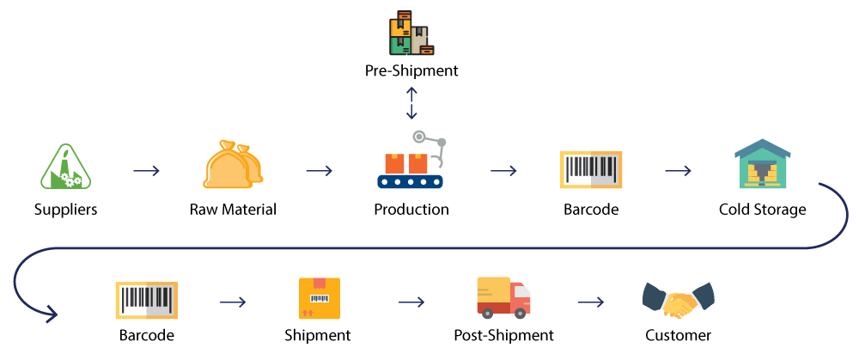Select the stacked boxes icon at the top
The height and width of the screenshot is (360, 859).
(x=411, y=34)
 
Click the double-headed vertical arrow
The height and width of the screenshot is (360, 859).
(x=411, y=103)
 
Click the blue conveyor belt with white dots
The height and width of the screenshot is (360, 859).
(x=410, y=181)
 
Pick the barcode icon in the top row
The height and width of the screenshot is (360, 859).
(x=591, y=169)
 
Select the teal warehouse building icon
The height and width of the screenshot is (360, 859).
(x=762, y=165)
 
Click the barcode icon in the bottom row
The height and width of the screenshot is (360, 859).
(x=146, y=300)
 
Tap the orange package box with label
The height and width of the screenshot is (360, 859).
(x=320, y=298)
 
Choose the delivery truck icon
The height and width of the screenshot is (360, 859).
(x=503, y=297)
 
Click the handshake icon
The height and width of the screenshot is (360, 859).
(x=679, y=300)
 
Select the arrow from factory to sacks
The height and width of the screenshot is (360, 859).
(x=147, y=170)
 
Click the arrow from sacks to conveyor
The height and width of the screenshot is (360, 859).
(x=319, y=170)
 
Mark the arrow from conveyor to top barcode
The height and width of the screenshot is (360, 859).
(x=503, y=170)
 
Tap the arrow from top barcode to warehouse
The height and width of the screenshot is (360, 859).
(x=678, y=170)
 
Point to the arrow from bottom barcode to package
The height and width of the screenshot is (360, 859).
(x=233, y=302)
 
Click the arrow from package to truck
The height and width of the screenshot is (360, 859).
(x=411, y=302)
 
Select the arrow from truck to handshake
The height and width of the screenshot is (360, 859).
(x=590, y=302)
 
